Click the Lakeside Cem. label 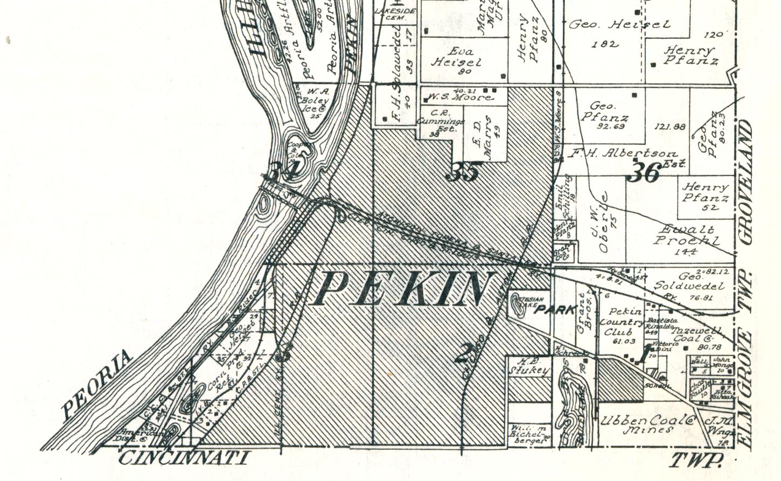pyautogui.click(x=398, y=13)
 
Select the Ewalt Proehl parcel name pyautogui.click(x=687, y=235)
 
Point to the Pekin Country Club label pyautogui.click(x=625, y=322)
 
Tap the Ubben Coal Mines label pyautogui.click(x=639, y=424)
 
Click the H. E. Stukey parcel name pyautogui.click(x=528, y=366)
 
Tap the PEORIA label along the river pyautogui.click(x=97, y=385)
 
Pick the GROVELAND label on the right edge pyautogui.click(x=745, y=183)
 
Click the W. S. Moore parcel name pyautogui.click(x=461, y=97)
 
